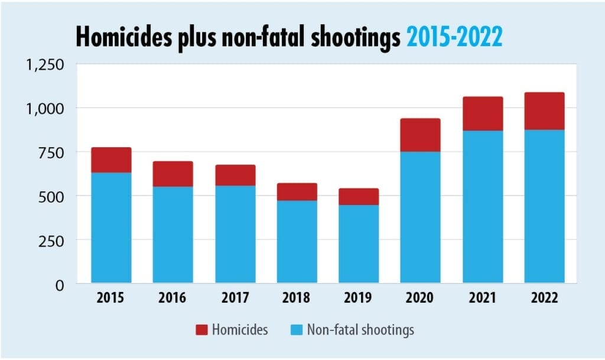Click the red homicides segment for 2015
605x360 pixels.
(x=111, y=160)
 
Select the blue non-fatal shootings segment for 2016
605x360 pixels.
(x=173, y=234)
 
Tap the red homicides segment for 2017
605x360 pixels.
(x=235, y=175)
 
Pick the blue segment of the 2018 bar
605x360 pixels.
(x=297, y=241)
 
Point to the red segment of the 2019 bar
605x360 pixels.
(x=359, y=197)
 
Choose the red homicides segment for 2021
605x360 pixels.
(x=483, y=113)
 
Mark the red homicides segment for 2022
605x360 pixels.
(x=544, y=111)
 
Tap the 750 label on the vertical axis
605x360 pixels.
(x=51, y=152)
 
